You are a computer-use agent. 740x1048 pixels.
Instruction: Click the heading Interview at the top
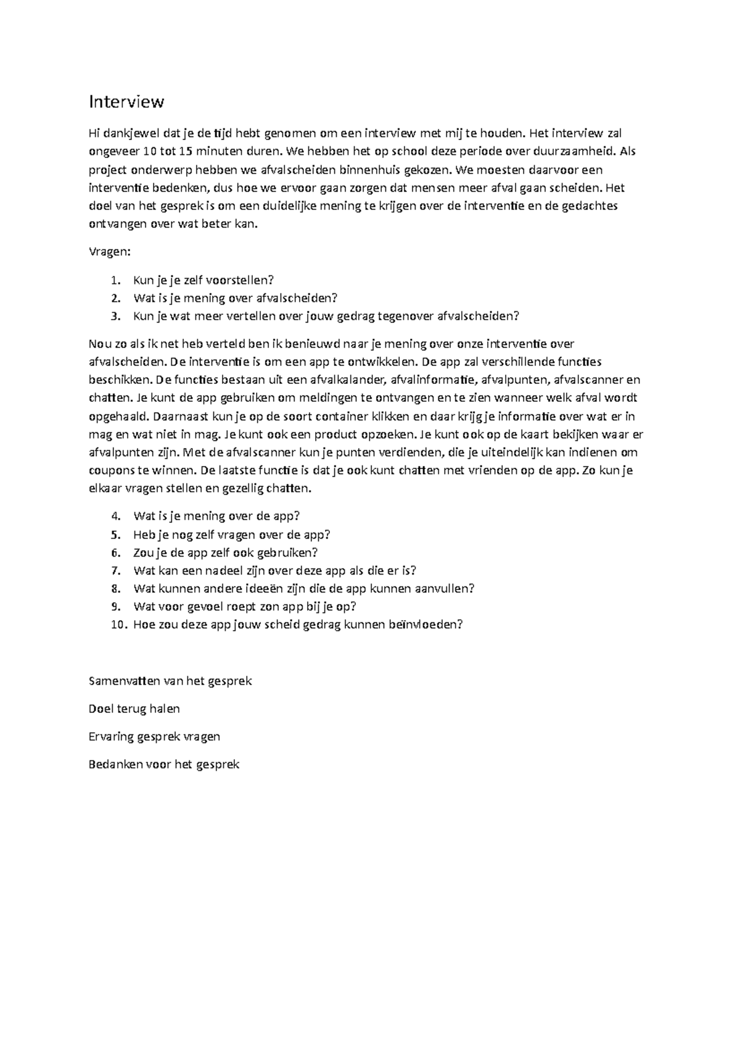tap(126, 102)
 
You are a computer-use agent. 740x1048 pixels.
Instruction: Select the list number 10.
tap(118, 624)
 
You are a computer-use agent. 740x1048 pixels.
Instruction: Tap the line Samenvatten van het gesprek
tap(170, 681)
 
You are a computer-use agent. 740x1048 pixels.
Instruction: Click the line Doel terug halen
tap(134, 709)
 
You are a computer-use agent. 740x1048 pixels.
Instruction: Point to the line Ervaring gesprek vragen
tap(154, 736)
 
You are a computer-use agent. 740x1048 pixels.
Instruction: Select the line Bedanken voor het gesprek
tap(163, 765)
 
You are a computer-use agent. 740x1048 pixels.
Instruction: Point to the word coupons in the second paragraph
tap(111, 470)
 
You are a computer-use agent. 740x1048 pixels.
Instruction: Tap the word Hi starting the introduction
tap(94, 133)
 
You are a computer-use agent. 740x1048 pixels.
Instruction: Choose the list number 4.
tap(116, 516)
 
